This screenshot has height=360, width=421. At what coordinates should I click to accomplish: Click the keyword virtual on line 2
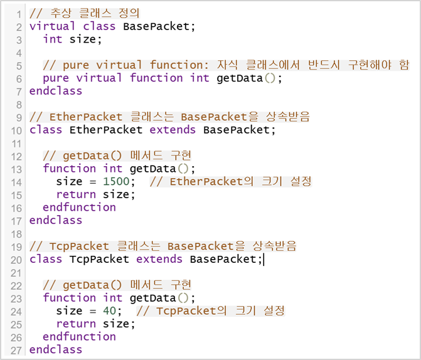[x=53, y=26]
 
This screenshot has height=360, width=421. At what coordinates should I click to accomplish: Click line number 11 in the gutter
[x=16, y=143]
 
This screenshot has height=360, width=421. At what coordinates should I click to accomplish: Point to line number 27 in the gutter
[x=16, y=350]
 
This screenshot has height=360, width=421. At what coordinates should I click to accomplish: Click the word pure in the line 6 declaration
[x=56, y=78]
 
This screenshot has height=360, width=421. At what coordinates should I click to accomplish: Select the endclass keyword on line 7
[x=56, y=91]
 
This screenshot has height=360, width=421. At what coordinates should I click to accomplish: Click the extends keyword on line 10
[x=172, y=130]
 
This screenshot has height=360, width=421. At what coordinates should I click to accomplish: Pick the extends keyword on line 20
[x=159, y=259]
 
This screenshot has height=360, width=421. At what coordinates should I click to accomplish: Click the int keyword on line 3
[x=53, y=39]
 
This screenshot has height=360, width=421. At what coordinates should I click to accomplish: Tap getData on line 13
[x=152, y=169]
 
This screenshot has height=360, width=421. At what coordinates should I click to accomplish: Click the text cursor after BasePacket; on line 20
[x=264, y=259]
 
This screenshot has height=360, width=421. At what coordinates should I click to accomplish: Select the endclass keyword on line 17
[x=56, y=220]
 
